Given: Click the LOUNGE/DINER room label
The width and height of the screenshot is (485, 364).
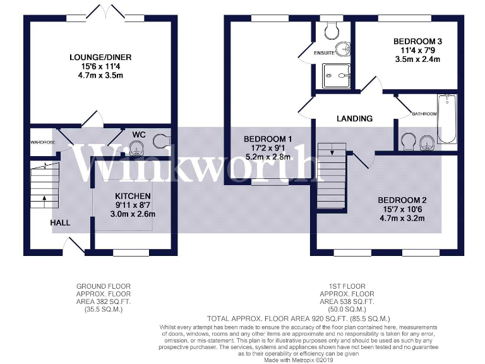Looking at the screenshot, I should click(x=100, y=58).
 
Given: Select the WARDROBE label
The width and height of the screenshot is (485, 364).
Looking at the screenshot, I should click(x=42, y=143).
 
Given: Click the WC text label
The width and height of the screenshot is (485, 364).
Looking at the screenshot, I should click(x=139, y=135).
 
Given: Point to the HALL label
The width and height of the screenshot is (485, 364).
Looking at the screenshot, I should click(x=61, y=222).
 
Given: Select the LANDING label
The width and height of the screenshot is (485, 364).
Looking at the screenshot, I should click(x=354, y=118).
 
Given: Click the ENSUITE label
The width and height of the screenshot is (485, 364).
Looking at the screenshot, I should click(x=325, y=53).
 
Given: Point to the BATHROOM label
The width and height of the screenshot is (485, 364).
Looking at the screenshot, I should click(x=424, y=114).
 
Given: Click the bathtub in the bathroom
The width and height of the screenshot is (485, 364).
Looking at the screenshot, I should click(x=447, y=120).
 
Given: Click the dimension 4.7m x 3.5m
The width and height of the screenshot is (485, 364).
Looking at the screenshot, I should click(x=100, y=75).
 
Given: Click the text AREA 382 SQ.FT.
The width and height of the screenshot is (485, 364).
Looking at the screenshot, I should click(x=104, y=302).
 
